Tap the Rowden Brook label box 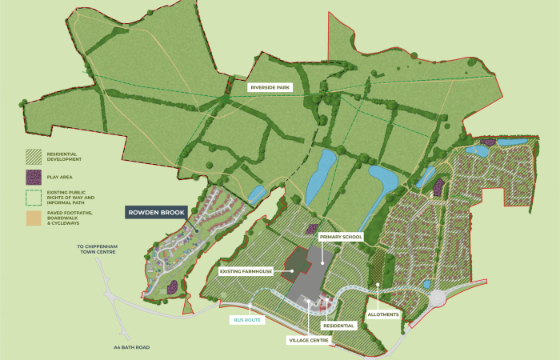(x=157, y=213)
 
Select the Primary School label (x=341, y=238)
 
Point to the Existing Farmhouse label (x=246, y=272)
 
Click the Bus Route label (x=247, y=319)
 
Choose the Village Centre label (x=308, y=339)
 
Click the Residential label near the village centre (x=338, y=326)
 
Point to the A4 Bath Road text (x=131, y=347)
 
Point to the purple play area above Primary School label (x=312, y=230)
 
